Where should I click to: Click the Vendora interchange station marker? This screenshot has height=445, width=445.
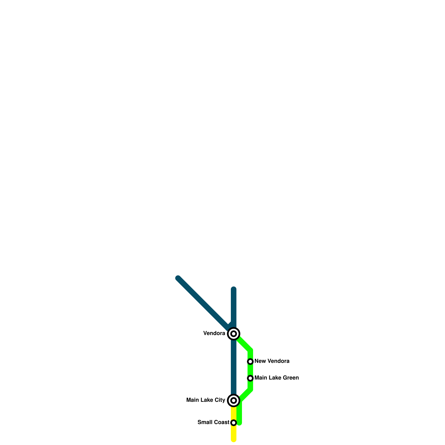[x=234, y=333]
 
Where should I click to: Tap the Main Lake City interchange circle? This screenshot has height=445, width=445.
[x=234, y=400]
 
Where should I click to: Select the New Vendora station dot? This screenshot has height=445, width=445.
[x=250, y=361]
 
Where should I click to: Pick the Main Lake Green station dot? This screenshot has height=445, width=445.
[x=250, y=378]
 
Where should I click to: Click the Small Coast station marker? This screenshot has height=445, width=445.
[x=234, y=422]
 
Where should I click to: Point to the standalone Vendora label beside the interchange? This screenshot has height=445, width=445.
[x=214, y=333]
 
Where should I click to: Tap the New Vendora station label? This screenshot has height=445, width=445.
[x=272, y=361]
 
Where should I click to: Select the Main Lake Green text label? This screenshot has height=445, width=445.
[x=276, y=378]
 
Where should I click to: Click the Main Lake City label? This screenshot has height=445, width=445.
[x=206, y=400]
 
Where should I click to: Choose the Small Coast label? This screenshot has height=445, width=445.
[x=213, y=422]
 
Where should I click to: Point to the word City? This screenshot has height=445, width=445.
[x=220, y=400]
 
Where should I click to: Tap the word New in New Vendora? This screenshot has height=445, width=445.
[x=259, y=361]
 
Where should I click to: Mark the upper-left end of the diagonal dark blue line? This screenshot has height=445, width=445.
[x=178, y=278]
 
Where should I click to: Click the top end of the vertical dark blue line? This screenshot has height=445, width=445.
[x=234, y=289]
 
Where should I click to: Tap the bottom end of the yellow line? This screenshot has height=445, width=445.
[x=234, y=439]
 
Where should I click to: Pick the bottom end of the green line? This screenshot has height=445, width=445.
[x=239, y=423]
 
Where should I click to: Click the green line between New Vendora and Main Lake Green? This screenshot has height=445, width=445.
[x=250, y=370]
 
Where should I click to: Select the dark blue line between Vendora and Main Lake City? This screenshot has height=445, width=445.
[x=234, y=367]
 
